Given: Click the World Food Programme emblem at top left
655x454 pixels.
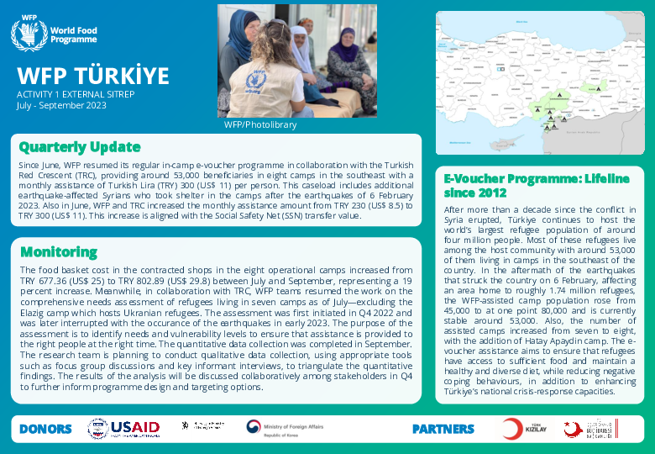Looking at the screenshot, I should click(29, 34).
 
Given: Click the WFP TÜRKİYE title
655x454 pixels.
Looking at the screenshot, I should click(93, 76).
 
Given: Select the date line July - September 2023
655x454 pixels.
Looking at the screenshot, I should click(61, 105).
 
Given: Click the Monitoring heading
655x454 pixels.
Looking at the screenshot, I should click(58, 251).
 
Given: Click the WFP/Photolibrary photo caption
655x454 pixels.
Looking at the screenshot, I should click(259, 124).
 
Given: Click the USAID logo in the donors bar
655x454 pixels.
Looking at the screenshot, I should click(124, 428).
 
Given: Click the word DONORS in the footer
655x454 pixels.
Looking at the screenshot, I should click(45, 429).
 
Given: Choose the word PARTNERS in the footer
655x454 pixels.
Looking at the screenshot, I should click(443, 429).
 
